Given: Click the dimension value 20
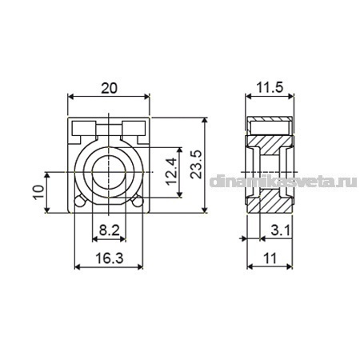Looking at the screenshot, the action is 109,88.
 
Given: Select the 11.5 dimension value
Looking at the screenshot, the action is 270,87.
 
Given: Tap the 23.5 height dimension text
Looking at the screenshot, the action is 196,164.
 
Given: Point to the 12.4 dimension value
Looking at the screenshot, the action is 171,171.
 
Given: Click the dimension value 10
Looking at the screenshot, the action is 38,192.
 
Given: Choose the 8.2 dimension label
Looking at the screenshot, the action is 110,230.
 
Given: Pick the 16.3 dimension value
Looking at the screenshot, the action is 110,258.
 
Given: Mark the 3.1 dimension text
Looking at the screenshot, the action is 281,230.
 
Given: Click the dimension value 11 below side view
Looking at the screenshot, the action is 270,258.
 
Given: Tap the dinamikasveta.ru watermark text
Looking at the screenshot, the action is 283,182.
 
